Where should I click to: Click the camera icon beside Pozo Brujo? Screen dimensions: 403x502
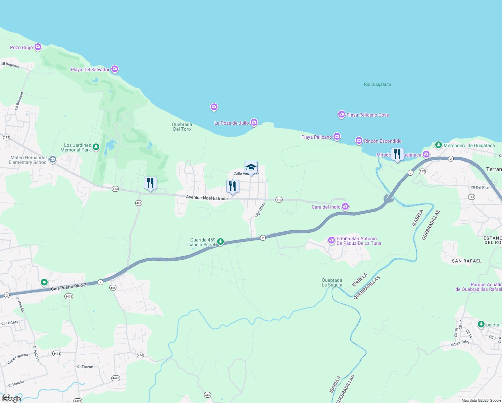[38, 47]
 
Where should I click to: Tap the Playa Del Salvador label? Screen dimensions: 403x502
[90, 70]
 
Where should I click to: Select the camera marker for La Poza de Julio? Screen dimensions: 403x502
[254, 123]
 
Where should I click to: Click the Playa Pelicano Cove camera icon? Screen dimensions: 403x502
[341, 115]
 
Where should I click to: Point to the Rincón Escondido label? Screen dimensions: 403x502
[383, 141]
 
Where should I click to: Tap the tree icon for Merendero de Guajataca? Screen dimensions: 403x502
[438, 145]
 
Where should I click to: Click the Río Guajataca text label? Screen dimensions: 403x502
[377, 84]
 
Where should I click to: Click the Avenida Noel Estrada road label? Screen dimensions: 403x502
[207, 198]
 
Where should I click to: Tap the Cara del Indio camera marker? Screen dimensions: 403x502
[345, 207]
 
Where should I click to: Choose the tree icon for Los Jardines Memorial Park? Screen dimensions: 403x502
[96, 147]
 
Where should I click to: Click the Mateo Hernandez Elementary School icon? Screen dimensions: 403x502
[52, 160]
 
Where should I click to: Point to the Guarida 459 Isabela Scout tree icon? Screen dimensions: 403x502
[220, 241]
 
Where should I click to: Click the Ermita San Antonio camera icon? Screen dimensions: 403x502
[332, 240]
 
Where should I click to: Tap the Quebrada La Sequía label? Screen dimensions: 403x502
[332, 282]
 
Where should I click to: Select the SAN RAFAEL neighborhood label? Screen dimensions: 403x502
[466, 261]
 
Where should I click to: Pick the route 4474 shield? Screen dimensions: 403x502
[68, 297]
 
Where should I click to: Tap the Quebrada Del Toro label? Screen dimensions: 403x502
[182, 127]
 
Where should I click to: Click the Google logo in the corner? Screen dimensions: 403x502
[11, 399]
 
